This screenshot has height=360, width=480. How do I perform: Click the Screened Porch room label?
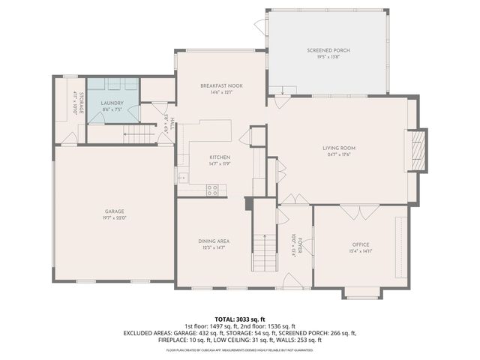[328, 50]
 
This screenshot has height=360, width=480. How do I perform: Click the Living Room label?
[339, 148]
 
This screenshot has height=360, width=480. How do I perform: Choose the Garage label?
[114, 211]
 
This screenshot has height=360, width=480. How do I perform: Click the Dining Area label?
[214, 241]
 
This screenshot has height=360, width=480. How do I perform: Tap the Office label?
[361, 245]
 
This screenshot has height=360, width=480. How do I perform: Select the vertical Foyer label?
[299, 244]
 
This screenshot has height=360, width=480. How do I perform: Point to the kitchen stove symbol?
[212, 190]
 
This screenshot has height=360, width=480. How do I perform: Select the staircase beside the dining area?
[263, 251]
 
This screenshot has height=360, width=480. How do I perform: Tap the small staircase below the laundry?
[139, 135]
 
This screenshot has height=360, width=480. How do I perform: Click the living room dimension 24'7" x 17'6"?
[339, 155]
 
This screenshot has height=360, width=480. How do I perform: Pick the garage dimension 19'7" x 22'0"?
[114, 218]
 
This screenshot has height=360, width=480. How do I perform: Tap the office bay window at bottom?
[362, 294]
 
